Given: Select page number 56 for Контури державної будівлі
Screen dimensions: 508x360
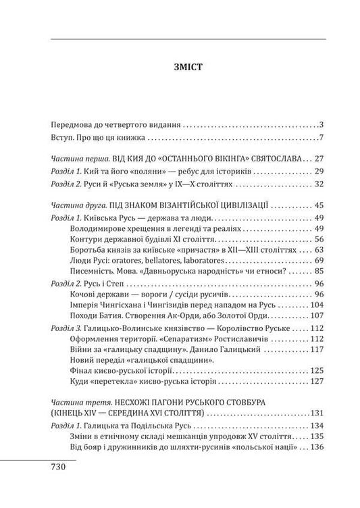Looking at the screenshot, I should (319, 239).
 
